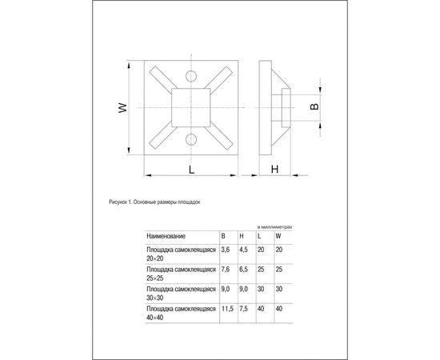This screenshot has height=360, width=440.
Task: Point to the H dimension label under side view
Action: click(x=274, y=169)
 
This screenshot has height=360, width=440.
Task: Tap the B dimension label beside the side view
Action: click(x=314, y=106)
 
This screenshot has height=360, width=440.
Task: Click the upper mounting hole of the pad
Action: click(x=190, y=78)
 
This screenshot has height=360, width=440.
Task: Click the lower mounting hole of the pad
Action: click(x=190, y=141)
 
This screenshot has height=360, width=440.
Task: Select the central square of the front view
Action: click(x=190, y=109)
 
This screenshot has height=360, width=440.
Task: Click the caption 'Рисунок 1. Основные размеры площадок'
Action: click(x=154, y=203)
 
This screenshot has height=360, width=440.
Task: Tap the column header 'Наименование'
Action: click(x=166, y=236)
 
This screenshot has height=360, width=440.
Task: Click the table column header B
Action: click(x=223, y=236)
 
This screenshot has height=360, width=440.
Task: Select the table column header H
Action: click(x=242, y=236)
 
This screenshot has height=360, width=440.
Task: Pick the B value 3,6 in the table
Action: click(x=226, y=250)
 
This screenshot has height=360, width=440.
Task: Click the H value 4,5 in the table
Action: click(x=244, y=250)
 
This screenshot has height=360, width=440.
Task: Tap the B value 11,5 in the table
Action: click(x=227, y=307)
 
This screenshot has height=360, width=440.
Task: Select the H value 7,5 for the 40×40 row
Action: click(x=244, y=307)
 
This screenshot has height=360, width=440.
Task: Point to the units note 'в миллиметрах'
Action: click(x=274, y=227)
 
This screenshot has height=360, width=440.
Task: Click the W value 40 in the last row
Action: click(x=278, y=307)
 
